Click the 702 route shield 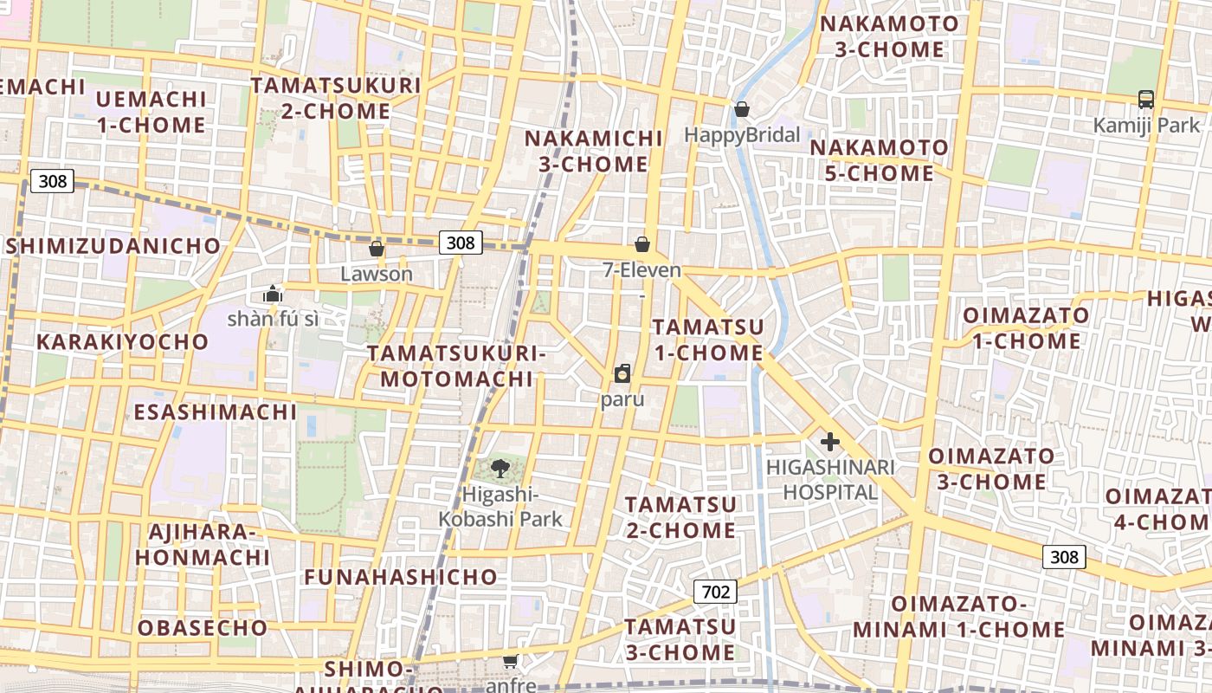(x=715, y=593)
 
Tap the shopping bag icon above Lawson (x=377, y=249)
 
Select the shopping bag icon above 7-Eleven (x=642, y=245)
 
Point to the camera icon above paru (x=622, y=374)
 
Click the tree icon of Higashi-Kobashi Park (x=500, y=470)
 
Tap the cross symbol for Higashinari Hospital (x=829, y=443)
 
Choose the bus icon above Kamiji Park (x=1146, y=100)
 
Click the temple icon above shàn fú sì (x=273, y=295)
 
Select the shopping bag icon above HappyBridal (x=742, y=110)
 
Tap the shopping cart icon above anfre (x=511, y=662)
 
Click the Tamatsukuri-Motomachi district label (x=456, y=366)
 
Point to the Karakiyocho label (x=122, y=342)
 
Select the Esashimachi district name (x=215, y=411)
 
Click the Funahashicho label (x=401, y=577)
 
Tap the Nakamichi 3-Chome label (x=594, y=152)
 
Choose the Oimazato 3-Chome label (x=991, y=469)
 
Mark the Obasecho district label (x=203, y=627)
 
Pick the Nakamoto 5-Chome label (x=879, y=161)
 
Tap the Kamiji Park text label (x=1146, y=126)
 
